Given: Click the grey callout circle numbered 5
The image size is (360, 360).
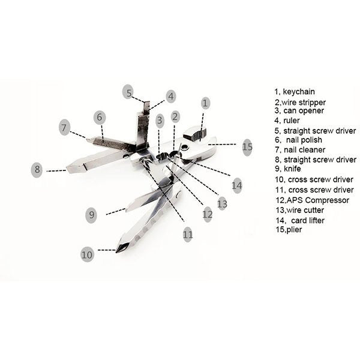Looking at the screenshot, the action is (x=128, y=92).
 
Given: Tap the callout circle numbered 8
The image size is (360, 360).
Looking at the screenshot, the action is (x=37, y=170).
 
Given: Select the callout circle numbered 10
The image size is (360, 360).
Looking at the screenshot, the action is (x=87, y=254).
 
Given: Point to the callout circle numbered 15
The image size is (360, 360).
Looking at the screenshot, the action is (x=247, y=147).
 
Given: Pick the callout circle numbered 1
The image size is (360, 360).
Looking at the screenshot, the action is (x=205, y=103).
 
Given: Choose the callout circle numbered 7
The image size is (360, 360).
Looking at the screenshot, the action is (x=64, y=127).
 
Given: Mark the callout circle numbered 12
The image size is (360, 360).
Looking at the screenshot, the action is (x=208, y=214).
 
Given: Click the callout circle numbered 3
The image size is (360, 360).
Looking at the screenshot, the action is (x=160, y=121).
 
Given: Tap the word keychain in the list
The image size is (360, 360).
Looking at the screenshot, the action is (x=299, y=92).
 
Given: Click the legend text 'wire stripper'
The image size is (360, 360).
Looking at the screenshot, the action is (x=304, y=103).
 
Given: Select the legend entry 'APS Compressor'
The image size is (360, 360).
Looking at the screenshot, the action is (x=318, y=200).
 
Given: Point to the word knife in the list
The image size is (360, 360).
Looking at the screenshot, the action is (x=292, y=169).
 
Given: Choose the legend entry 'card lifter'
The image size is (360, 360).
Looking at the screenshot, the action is (x=308, y=220).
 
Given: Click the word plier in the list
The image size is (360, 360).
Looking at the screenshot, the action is (x=294, y=230).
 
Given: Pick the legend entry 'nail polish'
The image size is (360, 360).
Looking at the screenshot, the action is (x=304, y=140).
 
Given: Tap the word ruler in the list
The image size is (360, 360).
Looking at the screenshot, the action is (x=292, y=121).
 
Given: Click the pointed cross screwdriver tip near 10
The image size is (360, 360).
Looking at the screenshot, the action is (x=116, y=252).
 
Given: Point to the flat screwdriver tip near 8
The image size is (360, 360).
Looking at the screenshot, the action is (x=67, y=169).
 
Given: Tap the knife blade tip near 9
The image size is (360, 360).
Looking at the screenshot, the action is (x=126, y=210).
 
